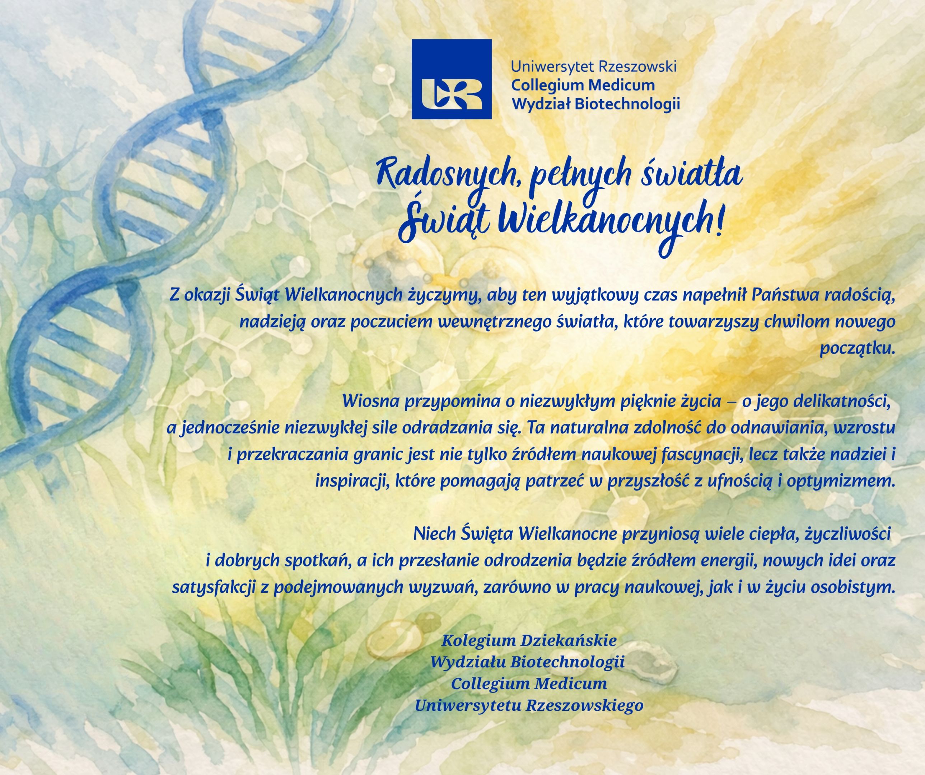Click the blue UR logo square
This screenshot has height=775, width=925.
(x=452, y=79)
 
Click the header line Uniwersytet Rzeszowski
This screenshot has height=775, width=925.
(x=593, y=67)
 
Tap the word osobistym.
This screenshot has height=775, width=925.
(x=852, y=587)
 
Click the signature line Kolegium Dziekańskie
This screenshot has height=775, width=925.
(x=529, y=640)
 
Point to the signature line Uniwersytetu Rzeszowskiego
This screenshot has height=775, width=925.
(x=529, y=705)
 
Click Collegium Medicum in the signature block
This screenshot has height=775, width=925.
(x=529, y=684)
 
